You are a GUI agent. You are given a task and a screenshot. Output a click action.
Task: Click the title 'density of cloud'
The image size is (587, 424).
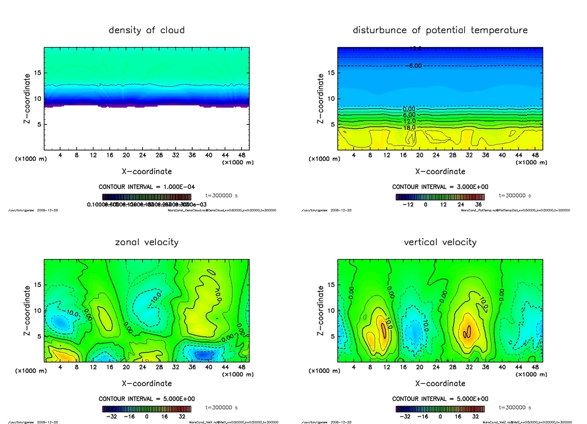click(x=147, y=30)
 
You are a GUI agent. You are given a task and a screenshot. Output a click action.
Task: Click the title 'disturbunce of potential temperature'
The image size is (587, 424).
click(x=440, y=30)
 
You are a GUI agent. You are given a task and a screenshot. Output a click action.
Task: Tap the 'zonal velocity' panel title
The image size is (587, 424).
click(x=147, y=242)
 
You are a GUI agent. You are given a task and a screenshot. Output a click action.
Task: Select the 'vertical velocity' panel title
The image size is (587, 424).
click(x=440, y=242)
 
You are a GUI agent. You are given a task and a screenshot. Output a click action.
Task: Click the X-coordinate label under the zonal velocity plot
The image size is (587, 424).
click(x=147, y=383)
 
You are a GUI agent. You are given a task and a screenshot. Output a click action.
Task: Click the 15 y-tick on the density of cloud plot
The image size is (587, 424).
click(x=36, y=73)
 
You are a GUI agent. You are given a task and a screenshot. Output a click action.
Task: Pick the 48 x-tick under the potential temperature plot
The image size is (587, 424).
click(x=534, y=155)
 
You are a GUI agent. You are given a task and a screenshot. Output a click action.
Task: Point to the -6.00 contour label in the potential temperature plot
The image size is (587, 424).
click(x=414, y=66)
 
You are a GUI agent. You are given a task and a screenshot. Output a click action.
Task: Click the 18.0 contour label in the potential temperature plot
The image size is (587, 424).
click(x=409, y=127)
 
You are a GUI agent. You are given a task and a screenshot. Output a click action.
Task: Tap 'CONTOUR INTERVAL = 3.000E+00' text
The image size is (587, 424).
click(x=440, y=187)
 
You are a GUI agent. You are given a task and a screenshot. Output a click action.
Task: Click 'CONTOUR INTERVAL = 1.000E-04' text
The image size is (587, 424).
click(x=147, y=187)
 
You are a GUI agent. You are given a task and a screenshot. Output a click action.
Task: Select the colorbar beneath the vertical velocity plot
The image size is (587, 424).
click(x=440, y=409)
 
